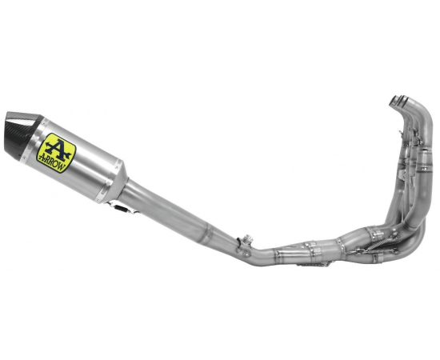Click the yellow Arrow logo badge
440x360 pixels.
coord(56,153)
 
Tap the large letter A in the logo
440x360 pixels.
coord(58,149)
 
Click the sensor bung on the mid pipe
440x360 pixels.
coord(248,239)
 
